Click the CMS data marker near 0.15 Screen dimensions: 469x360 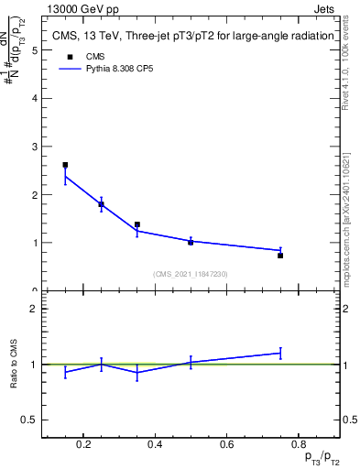click(x=65, y=165)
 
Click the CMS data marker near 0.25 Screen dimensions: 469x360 click(x=101, y=204)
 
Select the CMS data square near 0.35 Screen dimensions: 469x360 click(x=136, y=224)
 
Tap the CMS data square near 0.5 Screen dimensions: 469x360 click(x=191, y=242)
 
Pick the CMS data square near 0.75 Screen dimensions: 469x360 click(x=280, y=256)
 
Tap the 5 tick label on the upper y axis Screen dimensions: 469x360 click(x=34, y=50)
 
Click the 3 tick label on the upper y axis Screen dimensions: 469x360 click(x=34, y=147)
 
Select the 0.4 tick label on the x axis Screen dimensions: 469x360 click(x=155, y=445)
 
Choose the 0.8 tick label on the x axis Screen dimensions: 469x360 click(x=298, y=445)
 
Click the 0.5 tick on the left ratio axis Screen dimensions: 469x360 click(x=30, y=420)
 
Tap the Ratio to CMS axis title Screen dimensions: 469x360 click(x=14, y=365)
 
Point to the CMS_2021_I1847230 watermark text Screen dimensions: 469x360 click(x=191, y=274)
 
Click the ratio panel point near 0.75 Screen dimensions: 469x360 click(x=280, y=353)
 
